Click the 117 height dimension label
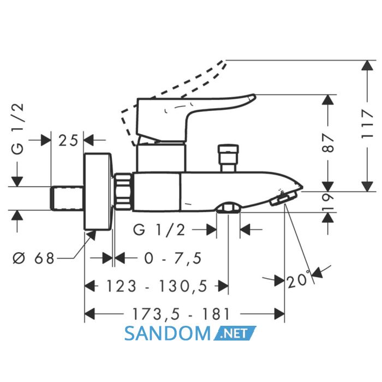point(367,124)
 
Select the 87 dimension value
point(327,142)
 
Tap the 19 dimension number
point(327,202)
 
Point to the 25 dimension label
point(68,140)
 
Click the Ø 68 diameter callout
point(33,258)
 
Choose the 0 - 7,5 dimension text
point(173,258)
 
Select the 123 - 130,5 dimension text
point(157,286)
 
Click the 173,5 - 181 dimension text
point(181,314)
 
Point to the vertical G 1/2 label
point(18,129)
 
